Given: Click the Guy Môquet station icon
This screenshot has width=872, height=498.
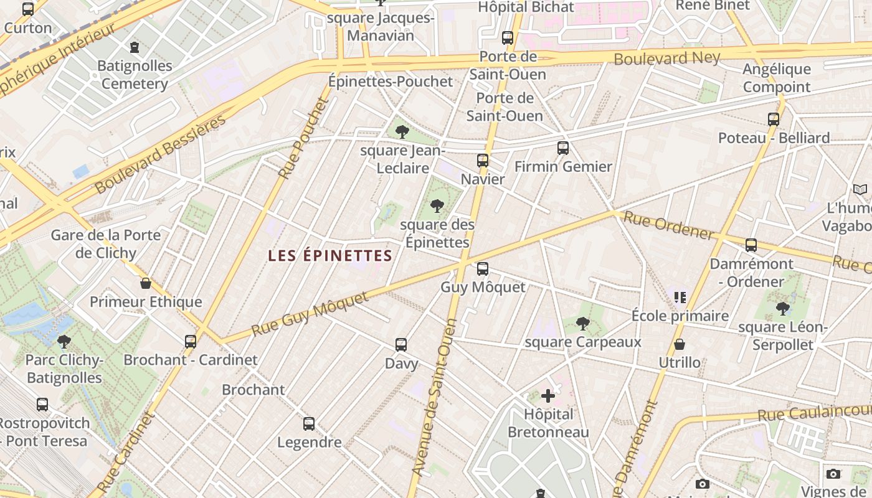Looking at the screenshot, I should pos(482,269).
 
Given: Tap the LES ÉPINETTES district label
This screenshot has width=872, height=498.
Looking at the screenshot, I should pos(330,255).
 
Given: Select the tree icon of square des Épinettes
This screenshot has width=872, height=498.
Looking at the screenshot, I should pos(437,206).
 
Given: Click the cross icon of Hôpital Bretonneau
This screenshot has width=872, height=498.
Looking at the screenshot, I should pos(548,396).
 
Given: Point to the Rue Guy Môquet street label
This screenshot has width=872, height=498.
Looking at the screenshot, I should pos(310,314).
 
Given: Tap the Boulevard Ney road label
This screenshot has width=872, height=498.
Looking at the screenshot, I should pos(667,59).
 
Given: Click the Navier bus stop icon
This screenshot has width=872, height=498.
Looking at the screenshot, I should pos(482,161).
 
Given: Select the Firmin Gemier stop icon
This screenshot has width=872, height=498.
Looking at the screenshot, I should pos(563,148).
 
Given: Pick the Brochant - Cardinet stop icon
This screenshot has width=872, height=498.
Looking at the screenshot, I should pos(191,341).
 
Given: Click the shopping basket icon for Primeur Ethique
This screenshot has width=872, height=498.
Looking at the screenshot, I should pos(146,284).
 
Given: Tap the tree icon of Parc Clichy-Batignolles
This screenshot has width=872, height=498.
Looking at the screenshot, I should pos(64,341).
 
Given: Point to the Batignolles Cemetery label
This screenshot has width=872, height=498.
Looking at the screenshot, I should pos(135,75).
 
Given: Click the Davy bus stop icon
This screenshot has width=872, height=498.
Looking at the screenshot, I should pos(401,345).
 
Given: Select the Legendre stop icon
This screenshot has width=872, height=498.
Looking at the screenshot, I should pos(309,425).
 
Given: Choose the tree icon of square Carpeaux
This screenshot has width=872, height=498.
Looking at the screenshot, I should pos(582,323).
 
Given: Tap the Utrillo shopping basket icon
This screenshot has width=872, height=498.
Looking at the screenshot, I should pos(680,344).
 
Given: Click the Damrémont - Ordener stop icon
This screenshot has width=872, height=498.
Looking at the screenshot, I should pos(751,245).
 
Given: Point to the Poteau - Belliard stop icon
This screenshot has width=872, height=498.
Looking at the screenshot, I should pos(774,120).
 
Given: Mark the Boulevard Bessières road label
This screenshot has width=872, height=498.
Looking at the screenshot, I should pos(160,154).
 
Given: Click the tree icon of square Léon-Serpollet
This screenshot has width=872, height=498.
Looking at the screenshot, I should pos(783,308).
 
